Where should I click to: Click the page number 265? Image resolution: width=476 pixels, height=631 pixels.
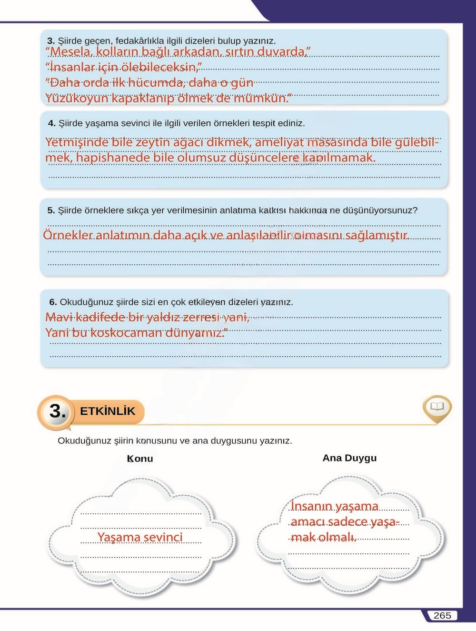point(442,615)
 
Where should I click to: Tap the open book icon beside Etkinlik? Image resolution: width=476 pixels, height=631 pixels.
point(436,407)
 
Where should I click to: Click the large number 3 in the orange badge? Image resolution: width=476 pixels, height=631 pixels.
point(58,411)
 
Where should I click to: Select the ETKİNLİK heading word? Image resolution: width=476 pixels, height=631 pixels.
point(108,411)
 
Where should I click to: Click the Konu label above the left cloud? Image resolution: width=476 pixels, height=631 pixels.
point(140,459)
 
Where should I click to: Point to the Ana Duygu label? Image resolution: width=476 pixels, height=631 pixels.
point(349,458)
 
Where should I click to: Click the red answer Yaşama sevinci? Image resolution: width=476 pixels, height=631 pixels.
point(140,537)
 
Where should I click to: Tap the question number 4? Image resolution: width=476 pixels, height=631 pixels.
point(51,123)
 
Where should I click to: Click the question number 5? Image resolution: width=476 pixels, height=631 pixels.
point(51,210)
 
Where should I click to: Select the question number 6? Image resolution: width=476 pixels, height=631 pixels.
point(53,302)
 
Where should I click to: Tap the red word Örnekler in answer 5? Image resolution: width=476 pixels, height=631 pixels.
point(68,235)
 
